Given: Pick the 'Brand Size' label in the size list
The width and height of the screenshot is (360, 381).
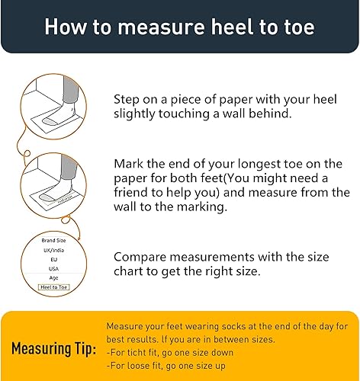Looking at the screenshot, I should (53, 240).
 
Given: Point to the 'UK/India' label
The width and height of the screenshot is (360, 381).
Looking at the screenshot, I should (53, 250).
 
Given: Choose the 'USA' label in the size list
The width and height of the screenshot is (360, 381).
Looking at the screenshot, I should (53, 269).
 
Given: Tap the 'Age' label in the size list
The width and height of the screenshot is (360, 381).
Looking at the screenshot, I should (53, 278).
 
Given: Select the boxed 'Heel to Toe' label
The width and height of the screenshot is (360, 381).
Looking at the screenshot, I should (53, 288).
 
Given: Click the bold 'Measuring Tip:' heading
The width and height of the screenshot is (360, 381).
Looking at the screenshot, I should (53, 349).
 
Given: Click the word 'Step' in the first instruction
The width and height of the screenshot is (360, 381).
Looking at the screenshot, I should (128, 99).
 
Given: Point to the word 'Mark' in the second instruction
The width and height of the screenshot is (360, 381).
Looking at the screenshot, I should (130, 163).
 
